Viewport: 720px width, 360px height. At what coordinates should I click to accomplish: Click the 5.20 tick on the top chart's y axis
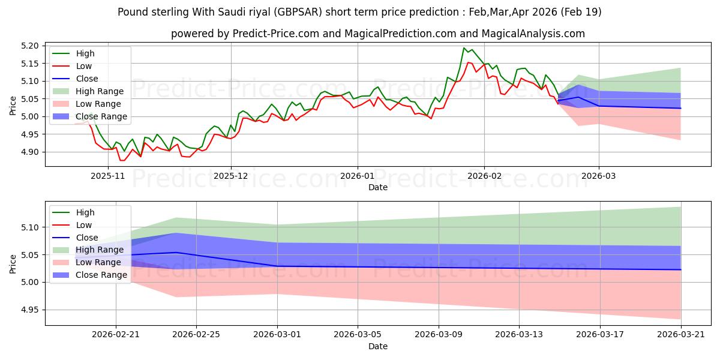point(29,46)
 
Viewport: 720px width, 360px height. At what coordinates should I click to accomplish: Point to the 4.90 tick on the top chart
point(29,152)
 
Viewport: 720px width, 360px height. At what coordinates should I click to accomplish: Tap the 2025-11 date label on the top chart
point(107,176)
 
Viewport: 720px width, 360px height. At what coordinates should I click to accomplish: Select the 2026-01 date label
point(358,176)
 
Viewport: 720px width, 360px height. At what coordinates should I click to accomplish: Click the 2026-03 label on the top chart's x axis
point(599,176)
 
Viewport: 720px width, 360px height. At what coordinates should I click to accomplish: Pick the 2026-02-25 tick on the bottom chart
point(196,335)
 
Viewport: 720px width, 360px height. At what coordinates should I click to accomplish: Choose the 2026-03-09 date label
point(439,335)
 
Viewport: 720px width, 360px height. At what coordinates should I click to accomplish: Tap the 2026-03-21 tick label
point(681,335)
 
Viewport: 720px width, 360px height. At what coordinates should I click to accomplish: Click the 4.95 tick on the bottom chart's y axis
point(29,310)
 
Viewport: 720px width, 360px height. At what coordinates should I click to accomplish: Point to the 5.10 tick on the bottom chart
point(29,227)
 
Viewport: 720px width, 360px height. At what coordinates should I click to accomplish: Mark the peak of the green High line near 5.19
point(463,48)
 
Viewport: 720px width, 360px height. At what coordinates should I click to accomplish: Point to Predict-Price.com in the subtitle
point(275,34)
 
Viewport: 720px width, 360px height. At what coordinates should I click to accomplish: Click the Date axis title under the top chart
point(377,187)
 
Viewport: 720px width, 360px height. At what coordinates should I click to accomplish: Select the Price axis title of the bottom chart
point(13,264)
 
